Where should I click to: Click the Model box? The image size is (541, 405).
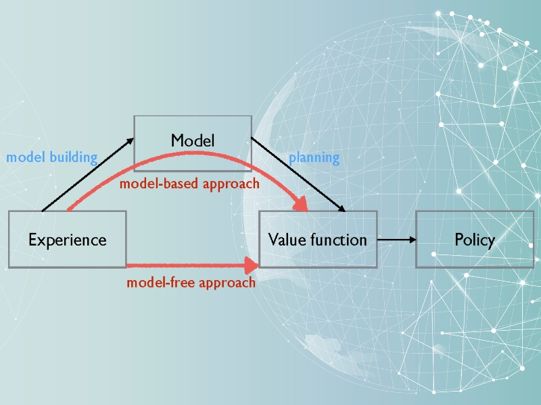[x=193, y=140]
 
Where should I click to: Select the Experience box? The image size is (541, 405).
[x=67, y=239]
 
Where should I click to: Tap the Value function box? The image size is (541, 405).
[x=317, y=239]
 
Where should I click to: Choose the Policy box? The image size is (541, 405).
[x=474, y=239]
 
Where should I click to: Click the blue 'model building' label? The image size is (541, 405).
[x=52, y=157]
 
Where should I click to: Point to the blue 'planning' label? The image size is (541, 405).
[x=314, y=158]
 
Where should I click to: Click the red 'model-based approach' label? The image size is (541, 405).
[x=189, y=184]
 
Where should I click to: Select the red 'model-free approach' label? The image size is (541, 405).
[x=191, y=282]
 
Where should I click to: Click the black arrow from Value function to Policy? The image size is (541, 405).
[x=395, y=239]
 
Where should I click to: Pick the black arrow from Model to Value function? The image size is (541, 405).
[x=298, y=174]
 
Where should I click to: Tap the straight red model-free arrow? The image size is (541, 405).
[x=189, y=265]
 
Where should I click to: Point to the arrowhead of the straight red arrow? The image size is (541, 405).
[x=252, y=265]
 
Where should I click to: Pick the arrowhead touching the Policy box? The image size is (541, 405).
[x=410, y=239]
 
